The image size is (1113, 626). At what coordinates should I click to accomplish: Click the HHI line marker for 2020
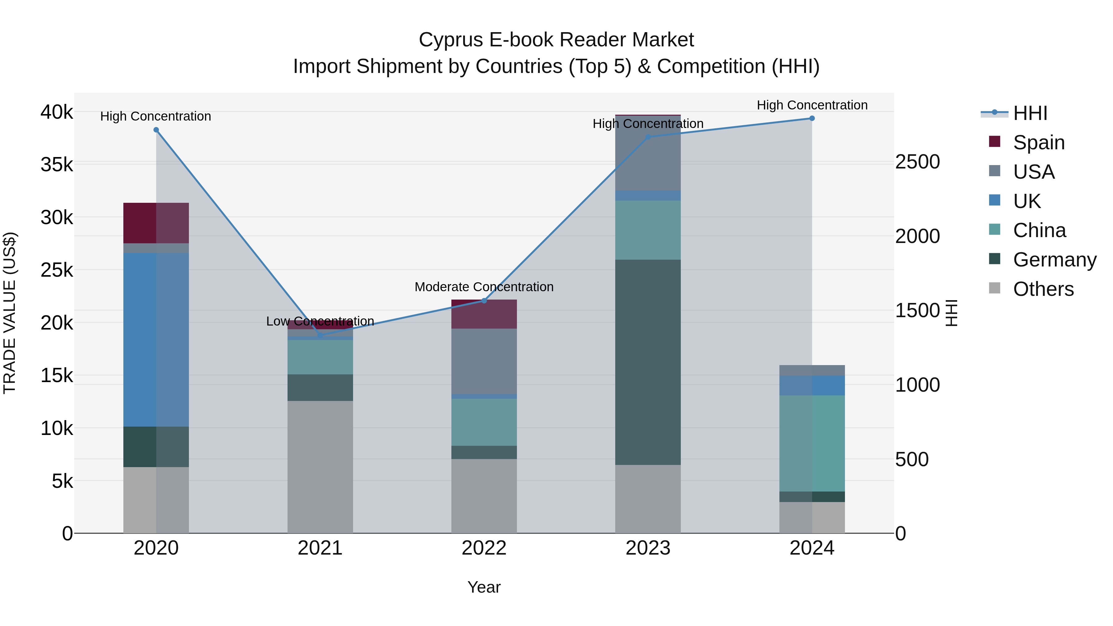click(156, 130)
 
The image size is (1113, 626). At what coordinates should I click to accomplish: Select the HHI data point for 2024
click(812, 118)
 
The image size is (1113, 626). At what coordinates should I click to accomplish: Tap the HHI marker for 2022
click(484, 301)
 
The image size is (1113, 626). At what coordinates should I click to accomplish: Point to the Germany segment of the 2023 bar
click(648, 362)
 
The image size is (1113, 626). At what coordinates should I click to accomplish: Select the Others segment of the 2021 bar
click(320, 466)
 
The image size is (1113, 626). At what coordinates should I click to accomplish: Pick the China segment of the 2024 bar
click(812, 443)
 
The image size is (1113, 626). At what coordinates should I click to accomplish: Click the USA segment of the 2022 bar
click(484, 361)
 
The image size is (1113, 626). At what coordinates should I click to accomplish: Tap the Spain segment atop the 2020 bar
click(156, 223)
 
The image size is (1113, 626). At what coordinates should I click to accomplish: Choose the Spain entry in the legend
click(1039, 143)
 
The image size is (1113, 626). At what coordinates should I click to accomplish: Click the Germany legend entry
click(1054, 260)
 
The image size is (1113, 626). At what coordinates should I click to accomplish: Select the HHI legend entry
click(1030, 113)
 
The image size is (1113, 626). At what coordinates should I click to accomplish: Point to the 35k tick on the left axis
click(57, 164)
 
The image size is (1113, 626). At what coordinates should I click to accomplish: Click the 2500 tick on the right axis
click(917, 162)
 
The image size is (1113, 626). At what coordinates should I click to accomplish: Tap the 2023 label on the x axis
click(648, 548)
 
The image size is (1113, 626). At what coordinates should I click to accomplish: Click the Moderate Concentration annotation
click(484, 287)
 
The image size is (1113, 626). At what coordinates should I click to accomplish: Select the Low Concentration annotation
click(320, 322)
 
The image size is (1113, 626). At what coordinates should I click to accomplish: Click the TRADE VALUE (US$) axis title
click(10, 313)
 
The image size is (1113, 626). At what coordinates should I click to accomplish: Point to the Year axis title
click(484, 587)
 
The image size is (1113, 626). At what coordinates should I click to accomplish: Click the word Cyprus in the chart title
click(451, 40)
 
